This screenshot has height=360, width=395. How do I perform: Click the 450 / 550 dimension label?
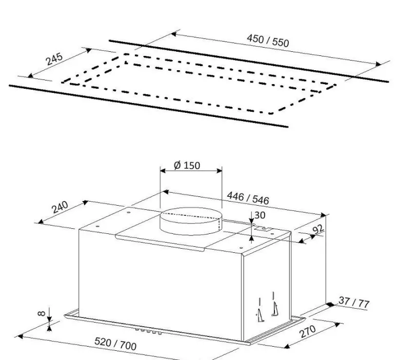[x=268, y=41]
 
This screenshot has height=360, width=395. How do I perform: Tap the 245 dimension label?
[x=54, y=58]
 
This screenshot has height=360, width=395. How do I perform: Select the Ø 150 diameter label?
[x=187, y=166]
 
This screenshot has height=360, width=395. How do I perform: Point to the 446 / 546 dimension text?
[x=248, y=198]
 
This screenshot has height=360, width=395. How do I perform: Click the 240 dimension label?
[x=60, y=207]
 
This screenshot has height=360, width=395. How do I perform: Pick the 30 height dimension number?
[x=260, y=215]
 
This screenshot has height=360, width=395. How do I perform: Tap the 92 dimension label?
[x=318, y=229]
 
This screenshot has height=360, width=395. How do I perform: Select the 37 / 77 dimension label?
[x=354, y=302]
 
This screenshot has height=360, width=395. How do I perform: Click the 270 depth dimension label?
[x=307, y=332]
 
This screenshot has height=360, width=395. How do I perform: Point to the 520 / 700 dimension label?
[x=115, y=344]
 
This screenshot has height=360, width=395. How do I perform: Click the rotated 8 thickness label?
[x=42, y=313]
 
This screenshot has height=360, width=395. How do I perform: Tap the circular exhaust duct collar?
[x=191, y=221]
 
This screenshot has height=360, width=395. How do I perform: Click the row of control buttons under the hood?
[x=148, y=331]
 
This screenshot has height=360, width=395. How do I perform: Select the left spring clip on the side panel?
[x=261, y=310]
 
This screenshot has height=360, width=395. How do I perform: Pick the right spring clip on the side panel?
[x=275, y=304]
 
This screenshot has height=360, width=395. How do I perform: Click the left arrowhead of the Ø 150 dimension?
[x=163, y=171]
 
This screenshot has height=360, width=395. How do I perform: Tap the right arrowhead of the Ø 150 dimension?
[x=220, y=171]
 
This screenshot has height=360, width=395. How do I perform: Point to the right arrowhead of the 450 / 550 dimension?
[x=379, y=64]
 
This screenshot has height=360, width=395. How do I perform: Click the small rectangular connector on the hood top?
[x=263, y=229]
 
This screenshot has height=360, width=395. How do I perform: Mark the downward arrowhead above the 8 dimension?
[x=49, y=319]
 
